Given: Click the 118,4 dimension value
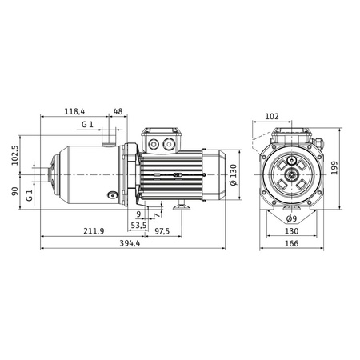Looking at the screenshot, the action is coord(74,111).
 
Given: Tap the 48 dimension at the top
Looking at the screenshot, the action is coord(118,111).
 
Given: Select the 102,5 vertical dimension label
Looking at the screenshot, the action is coord(15,155).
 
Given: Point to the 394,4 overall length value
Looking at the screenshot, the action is coord(130,243).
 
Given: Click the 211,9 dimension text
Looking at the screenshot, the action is coord(94,231).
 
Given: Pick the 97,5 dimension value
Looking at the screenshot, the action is coord(162,231).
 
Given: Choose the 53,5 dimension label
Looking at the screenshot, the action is coord(138,226).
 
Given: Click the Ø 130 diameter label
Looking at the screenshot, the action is coord(233,175).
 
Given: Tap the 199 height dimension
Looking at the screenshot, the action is coord(334,168).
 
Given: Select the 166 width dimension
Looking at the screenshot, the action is coord(292,243).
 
